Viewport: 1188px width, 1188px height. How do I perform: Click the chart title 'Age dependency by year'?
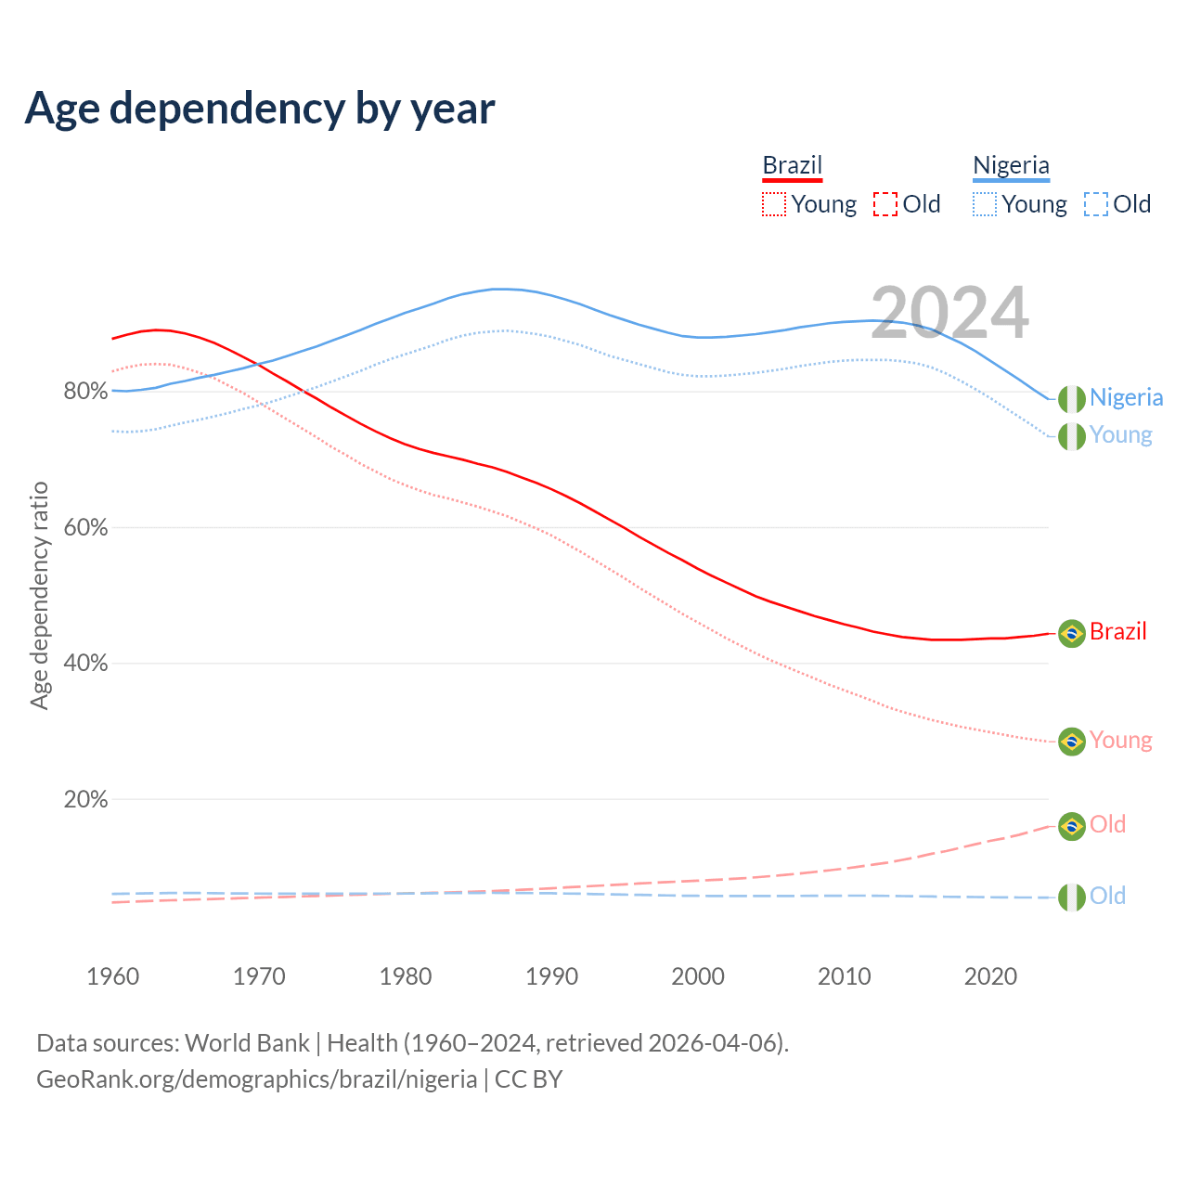pos(260,109)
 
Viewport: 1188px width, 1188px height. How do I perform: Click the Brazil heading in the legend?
pos(792,165)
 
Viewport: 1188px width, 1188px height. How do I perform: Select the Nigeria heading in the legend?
pos(1011,165)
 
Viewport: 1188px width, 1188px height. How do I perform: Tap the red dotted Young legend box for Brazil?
pos(773,204)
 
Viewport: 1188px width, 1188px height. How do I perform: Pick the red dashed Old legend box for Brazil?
pos(885,204)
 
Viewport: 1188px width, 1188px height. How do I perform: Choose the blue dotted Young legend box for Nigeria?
pos(985,204)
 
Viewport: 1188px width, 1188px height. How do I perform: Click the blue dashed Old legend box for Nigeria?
pos(1096,204)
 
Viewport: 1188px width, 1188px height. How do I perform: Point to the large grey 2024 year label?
pos(949,313)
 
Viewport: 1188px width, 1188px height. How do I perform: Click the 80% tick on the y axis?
pos(85,392)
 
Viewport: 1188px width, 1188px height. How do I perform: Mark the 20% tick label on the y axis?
pos(85,799)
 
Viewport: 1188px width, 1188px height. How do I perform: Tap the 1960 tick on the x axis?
pos(112,976)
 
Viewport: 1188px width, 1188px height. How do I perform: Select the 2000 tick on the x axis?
pos(698,976)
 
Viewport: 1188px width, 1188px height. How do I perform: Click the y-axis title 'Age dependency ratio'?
pos(40,595)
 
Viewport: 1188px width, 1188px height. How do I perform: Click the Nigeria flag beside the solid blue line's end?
pos(1072,398)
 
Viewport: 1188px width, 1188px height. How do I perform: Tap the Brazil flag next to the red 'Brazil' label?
pos(1072,633)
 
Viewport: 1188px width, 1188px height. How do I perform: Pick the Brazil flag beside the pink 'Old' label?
pos(1072,826)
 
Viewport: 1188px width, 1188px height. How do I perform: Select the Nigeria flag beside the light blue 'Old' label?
pos(1072,897)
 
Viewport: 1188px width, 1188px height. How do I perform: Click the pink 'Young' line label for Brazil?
pos(1120,740)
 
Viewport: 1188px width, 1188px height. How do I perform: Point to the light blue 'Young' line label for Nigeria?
pos(1120,434)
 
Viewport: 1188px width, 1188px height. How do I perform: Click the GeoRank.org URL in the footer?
pos(256,1079)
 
